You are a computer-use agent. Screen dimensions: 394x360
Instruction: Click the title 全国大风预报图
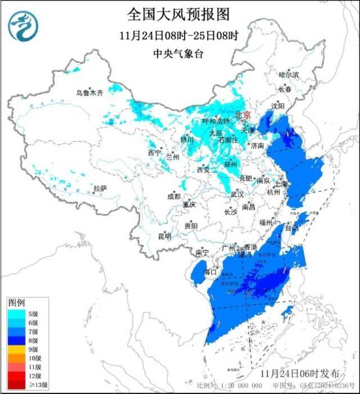[x=179, y=13]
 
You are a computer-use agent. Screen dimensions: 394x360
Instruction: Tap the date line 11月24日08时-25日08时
[x=179, y=35]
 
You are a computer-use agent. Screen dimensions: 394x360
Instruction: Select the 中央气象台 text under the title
[x=179, y=53]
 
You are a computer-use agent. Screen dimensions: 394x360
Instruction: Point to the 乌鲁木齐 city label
[x=90, y=93]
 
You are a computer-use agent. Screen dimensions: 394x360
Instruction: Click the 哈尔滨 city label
[x=289, y=75]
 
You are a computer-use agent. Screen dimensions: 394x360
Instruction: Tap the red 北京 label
[x=242, y=114]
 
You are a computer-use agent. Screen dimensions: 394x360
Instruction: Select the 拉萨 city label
[x=100, y=189]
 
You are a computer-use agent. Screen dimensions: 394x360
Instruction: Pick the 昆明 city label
[x=164, y=236]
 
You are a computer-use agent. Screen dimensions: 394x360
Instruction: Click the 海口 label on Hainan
[x=210, y=271]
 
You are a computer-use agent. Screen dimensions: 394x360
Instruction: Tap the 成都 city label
[x=174, y=196]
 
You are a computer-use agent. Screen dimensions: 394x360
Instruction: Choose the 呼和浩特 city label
[x=215, y=121]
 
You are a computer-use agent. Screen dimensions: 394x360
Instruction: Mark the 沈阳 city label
[x=277, y=106]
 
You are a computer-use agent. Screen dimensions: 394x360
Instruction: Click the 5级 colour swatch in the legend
[x=16, y=313]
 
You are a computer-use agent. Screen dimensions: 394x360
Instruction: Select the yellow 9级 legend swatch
[x=16, y=349]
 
